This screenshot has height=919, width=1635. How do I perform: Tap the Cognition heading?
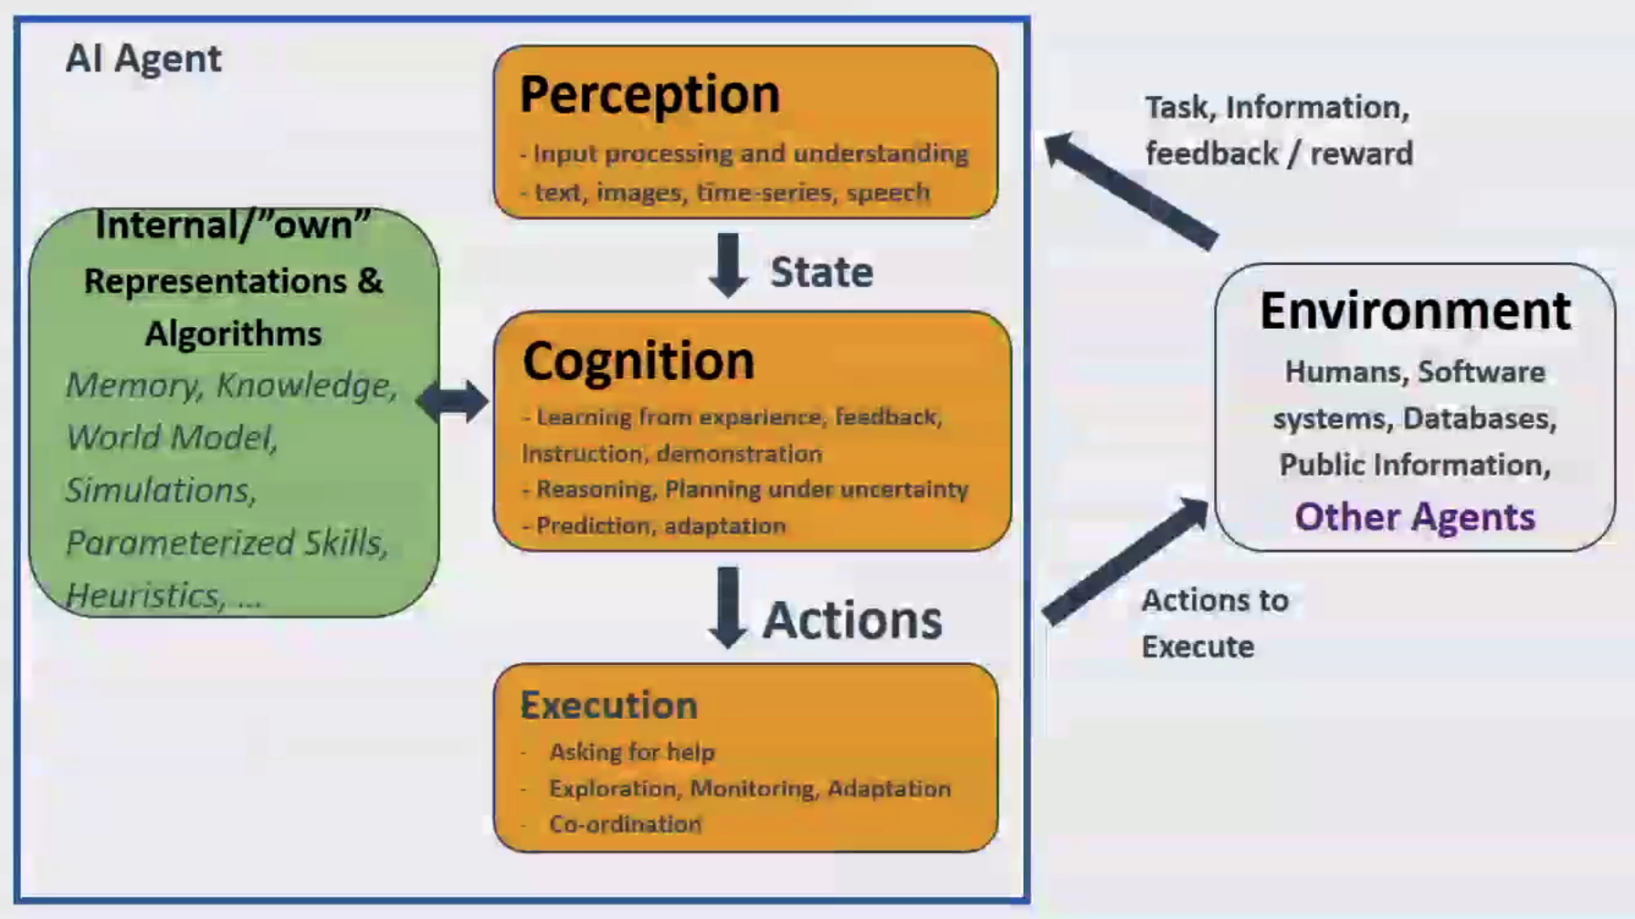point(638,362)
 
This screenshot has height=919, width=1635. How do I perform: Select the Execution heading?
point(609,705)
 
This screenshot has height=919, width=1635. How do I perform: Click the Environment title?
point(1415,311)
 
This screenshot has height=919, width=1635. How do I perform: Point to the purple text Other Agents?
point(1415,517)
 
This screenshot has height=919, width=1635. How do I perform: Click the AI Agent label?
point(143,59)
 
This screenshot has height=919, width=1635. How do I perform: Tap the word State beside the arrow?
point(821,272)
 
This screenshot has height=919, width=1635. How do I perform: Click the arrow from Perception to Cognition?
point(728,265)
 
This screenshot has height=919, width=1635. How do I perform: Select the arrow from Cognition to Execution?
point(728,607)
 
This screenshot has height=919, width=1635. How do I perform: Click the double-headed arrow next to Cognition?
point(453,401)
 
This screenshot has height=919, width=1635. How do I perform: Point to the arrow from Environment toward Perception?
point(1131,191)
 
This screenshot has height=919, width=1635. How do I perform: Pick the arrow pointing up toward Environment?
point(1125,561)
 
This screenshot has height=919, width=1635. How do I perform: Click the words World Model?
point(170,438)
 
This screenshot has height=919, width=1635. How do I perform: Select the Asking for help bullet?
point(632,752)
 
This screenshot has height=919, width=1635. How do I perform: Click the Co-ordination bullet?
point(626,823)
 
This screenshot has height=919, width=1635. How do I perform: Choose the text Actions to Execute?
point(1215,623)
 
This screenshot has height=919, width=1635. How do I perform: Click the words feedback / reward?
point(1279,153)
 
